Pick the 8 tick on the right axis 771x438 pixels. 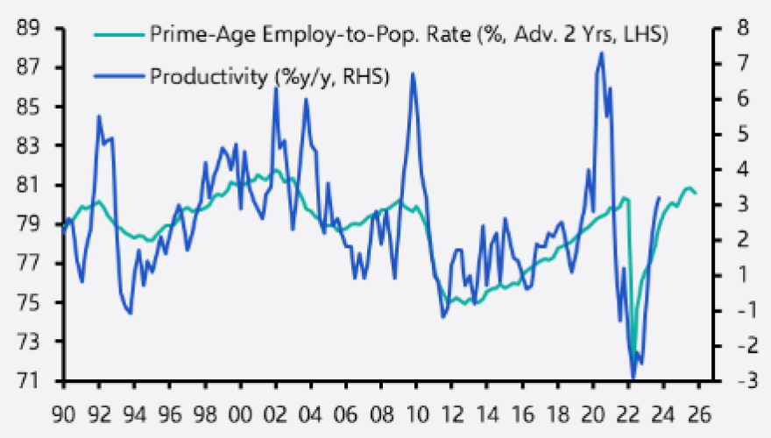point(734,28)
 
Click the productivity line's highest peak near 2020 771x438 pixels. point(601,53)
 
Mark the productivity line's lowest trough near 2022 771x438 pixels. point(633,378)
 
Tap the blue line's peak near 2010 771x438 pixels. point(412,74)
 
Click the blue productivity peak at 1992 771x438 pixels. point(98,117)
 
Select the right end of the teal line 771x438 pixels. point(697,194)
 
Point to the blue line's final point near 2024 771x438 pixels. point(659,198)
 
